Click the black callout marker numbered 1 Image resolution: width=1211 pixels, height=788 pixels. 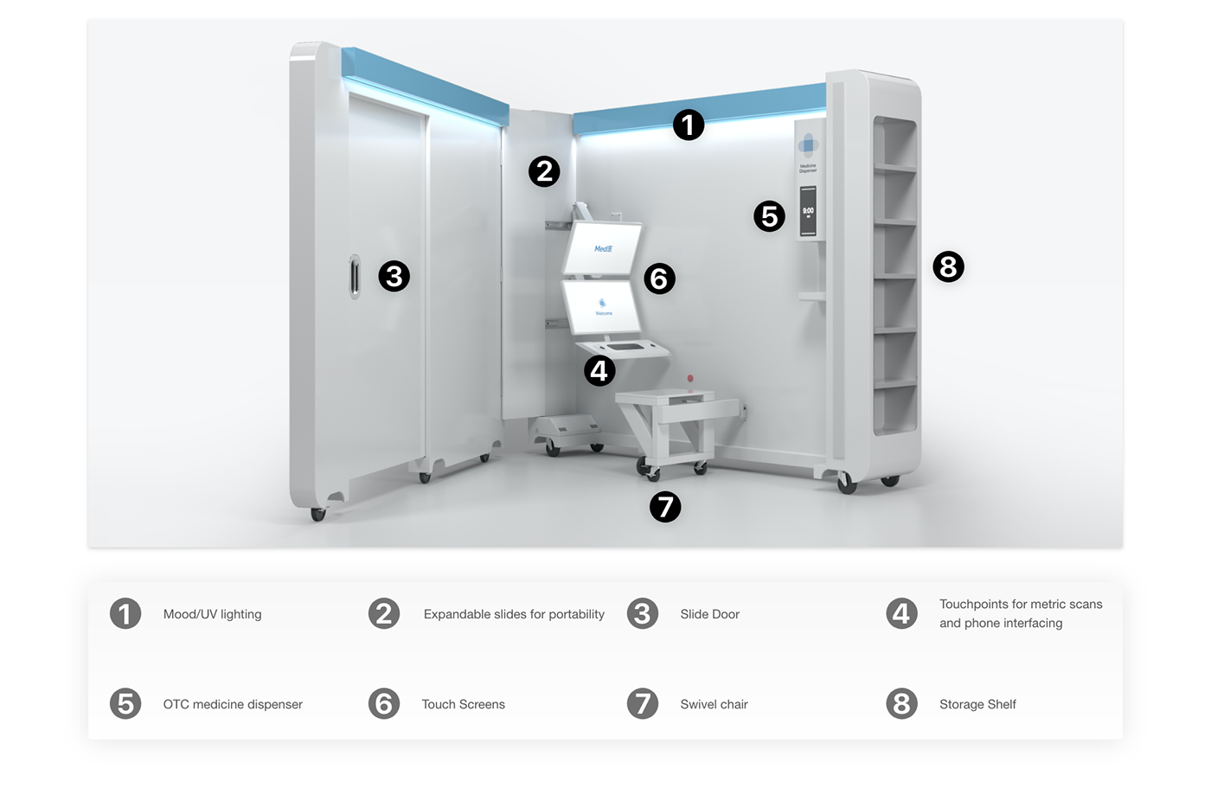click(x=689, y=125)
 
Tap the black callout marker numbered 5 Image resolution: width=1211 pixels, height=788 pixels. click(x=769, y=216)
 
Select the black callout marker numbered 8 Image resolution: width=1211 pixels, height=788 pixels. click(x=948, y=266)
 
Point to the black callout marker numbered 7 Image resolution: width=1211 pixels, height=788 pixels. click(x=665, y=506)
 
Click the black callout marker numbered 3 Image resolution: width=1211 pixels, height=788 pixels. click(x=394, y=276)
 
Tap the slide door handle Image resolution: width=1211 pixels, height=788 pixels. click(x=355, y=277)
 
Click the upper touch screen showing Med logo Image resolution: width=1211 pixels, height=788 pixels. click(x=603, y=248)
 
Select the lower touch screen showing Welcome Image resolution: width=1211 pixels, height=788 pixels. click(x=602, y=308)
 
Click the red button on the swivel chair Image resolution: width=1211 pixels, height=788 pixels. click(x=690, y=379)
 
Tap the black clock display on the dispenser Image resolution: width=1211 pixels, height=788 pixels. click(x=808, y=211)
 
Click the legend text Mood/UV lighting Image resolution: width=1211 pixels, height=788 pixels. click(x=212, y=614)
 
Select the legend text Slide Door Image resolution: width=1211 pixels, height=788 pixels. click(x=709, y=614)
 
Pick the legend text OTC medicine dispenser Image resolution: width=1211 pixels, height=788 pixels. click(x=233, y=704)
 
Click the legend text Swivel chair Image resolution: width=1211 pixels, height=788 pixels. click(x=714, y=704)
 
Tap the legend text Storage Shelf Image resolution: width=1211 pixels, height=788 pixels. click(x=977, y=704)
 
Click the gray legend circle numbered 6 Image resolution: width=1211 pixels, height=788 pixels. click(x=384, y=703)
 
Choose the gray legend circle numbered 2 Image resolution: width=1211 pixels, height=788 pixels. click(x=384, y=613)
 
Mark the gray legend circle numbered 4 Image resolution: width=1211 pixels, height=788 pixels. click(x=901, y=613)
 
